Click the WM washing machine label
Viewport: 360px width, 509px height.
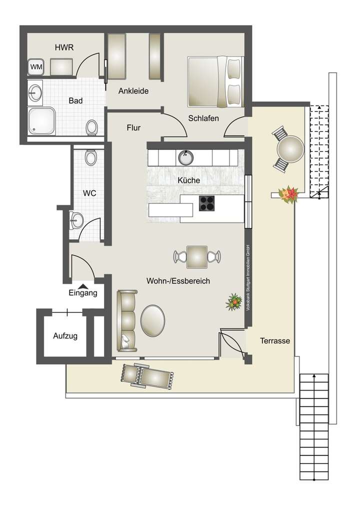[35, 66]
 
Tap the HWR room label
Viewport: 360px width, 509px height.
[64, 47]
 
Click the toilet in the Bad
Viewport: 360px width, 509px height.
[91, 127]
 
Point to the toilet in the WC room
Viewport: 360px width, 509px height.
[90, 158]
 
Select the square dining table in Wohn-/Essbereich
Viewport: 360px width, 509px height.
[197, 256]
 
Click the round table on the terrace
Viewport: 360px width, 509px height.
[289, 149]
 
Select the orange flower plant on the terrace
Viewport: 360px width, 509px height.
[289, 194]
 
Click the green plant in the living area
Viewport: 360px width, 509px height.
[233, 301]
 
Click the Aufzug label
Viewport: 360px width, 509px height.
[65, 336]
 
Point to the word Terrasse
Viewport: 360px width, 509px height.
[275, 340]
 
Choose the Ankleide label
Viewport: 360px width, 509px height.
[133, 91]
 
